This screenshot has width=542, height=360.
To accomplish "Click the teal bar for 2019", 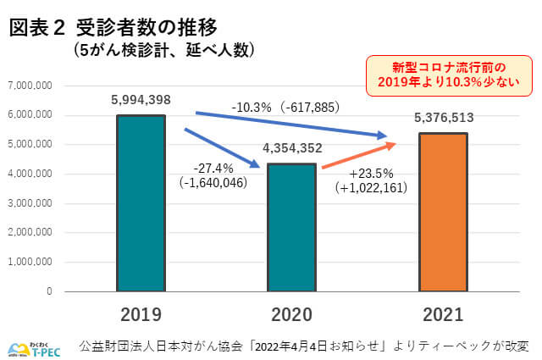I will click(141, 203).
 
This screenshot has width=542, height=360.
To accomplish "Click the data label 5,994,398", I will click(141, 100).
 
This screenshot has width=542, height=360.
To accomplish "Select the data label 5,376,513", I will click(445, 119).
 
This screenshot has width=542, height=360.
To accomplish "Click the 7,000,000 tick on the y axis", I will click(30, 86).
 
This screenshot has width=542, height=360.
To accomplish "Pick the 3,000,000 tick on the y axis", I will click(30, 203).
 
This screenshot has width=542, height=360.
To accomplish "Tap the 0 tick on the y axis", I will click(49, 291).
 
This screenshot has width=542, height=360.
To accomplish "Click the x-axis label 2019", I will click(141, 316).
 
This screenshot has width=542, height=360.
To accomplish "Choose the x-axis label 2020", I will click(292, 316).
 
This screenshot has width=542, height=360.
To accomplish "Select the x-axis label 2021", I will click(442, 316).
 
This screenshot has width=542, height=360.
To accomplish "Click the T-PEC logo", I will click(32, 346).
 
